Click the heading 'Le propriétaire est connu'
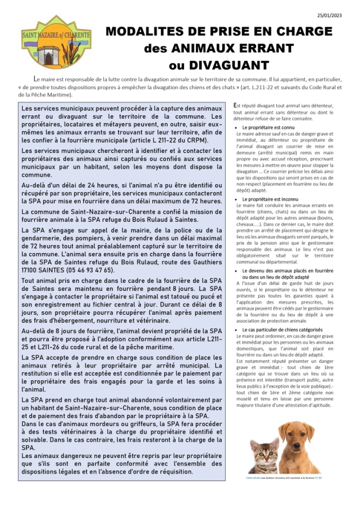[x=269, y=128]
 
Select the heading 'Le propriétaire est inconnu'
[x=271, y=199]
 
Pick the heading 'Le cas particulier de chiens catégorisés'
[x=283, y=329]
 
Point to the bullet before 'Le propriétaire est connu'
[x=237, y=128]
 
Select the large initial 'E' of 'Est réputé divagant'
[x=235, y=104]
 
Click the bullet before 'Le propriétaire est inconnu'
[x=237, y=199]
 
